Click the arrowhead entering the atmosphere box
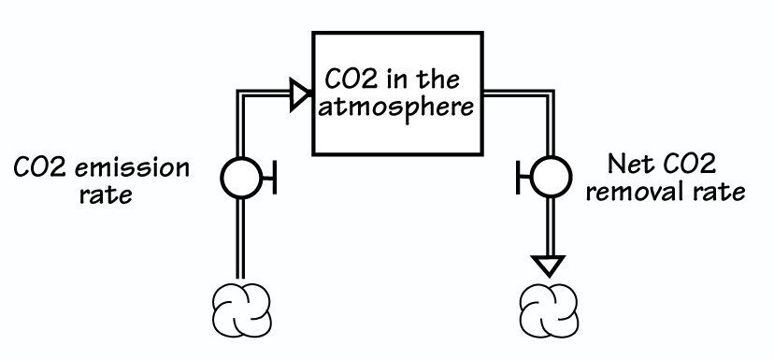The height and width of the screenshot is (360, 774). tap(298, 93)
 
